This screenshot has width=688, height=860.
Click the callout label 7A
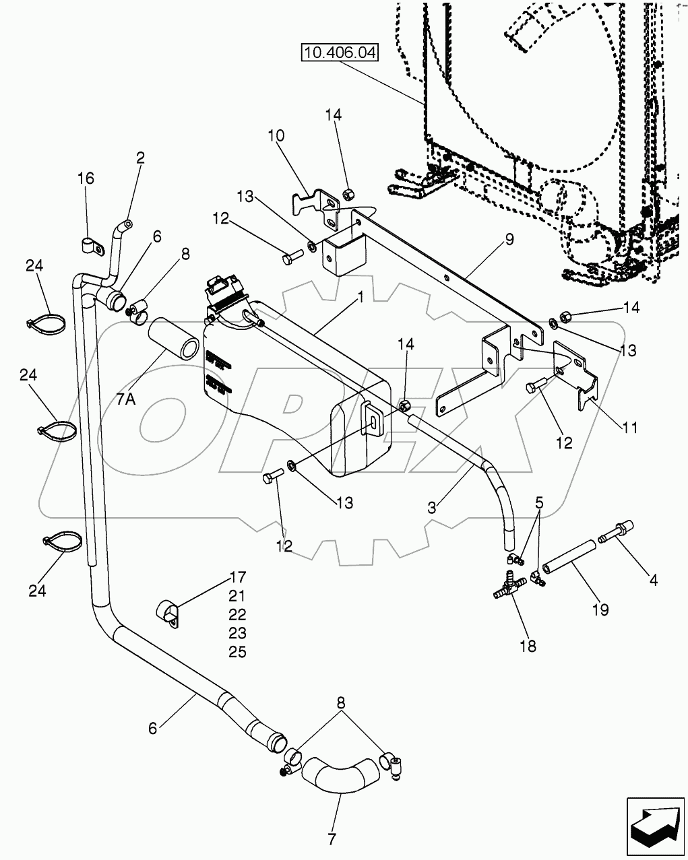[125, 399]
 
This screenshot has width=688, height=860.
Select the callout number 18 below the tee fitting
[528, 646]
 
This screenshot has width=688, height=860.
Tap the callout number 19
[600, 609]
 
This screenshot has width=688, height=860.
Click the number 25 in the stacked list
[218, 652]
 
